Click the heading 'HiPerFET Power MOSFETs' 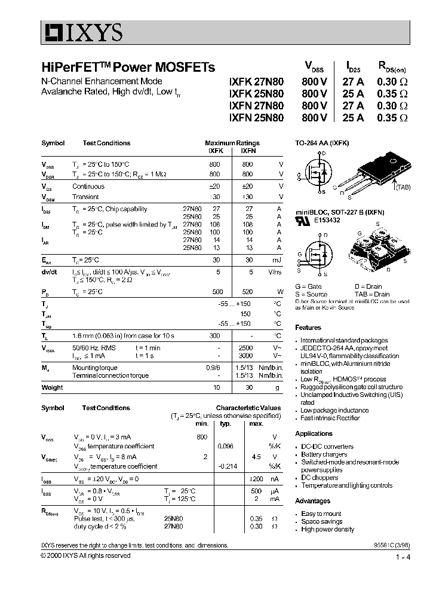tap(128, 68)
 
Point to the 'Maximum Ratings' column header tap(232, 143)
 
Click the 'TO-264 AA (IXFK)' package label tap(322, 143)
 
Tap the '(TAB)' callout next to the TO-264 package tap(402, 187)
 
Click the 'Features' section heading tap(308, 328)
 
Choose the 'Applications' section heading tap(314, 434)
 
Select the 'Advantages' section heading tap(312, 501)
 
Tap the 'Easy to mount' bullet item tap(321, 514)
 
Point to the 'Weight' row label tap(52, 387)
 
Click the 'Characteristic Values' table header tap(248, 408)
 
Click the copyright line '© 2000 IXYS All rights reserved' tap(85, 555)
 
